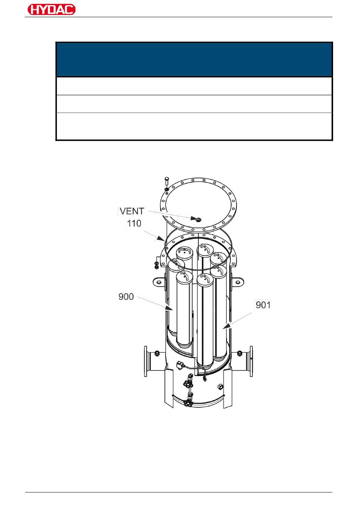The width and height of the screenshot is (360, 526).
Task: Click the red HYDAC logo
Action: tap(52, 9)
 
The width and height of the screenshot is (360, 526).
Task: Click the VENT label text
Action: tap(132, 211)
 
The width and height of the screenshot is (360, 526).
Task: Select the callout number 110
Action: tap(134, 223)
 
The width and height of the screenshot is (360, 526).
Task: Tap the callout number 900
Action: tap(126, 297)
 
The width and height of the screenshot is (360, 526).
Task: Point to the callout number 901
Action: tap(263, 305)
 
